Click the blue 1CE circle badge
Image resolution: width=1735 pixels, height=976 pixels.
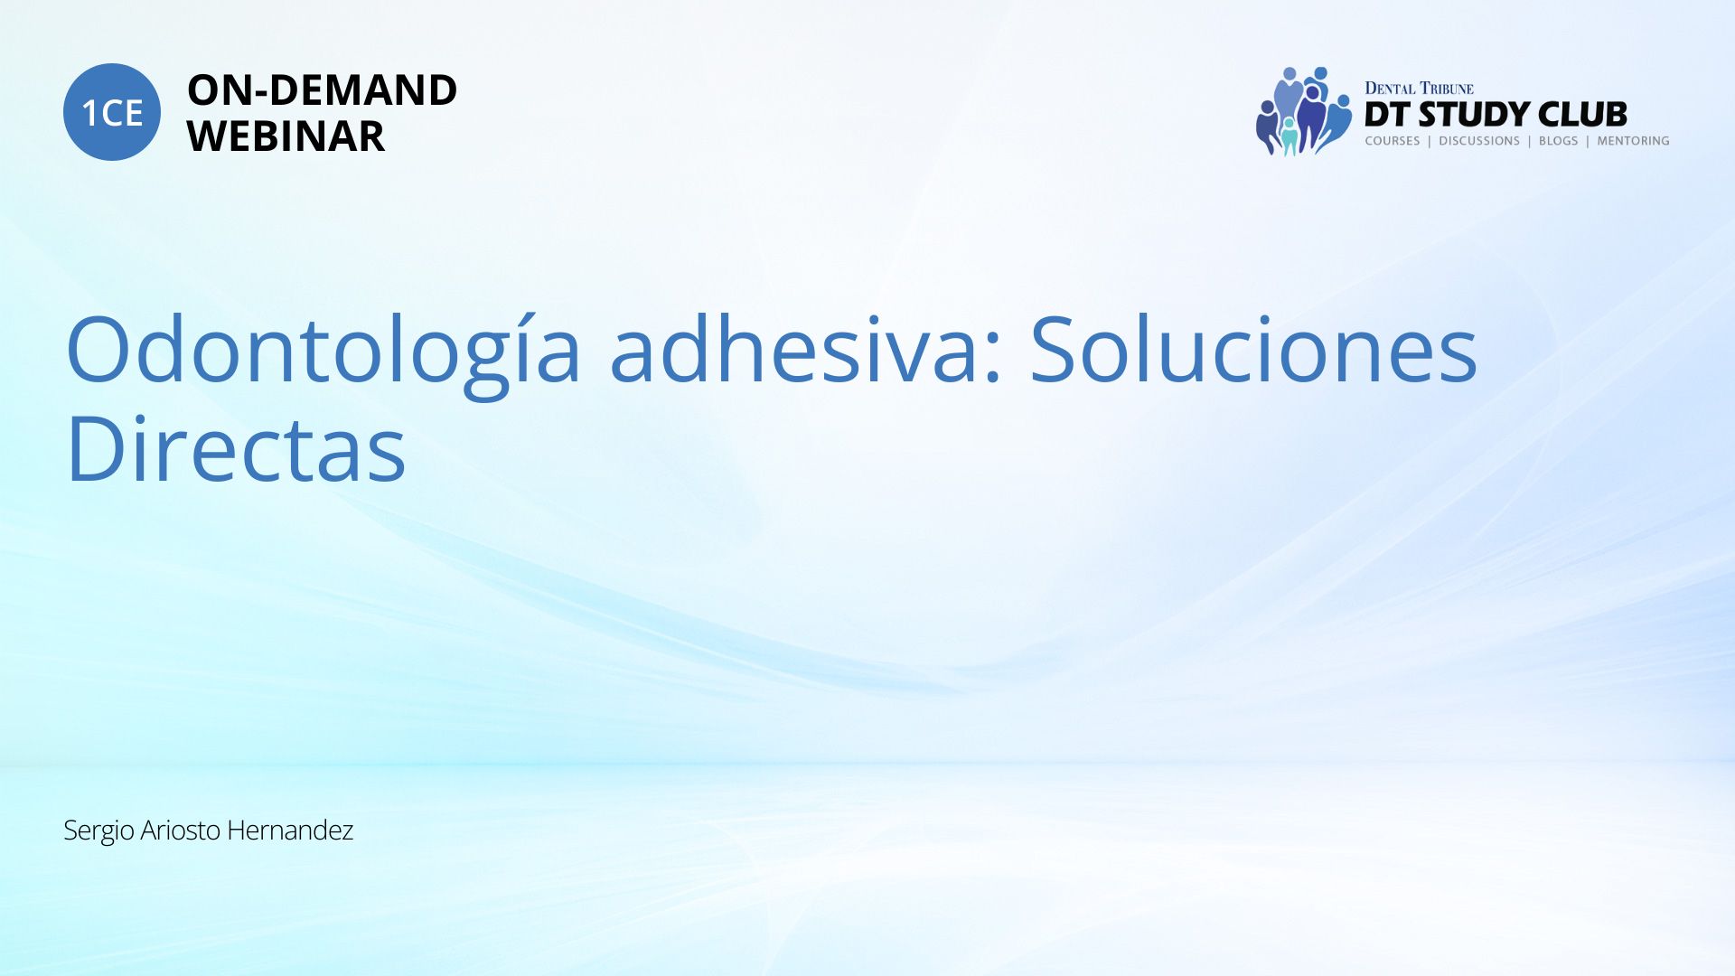(112, 112)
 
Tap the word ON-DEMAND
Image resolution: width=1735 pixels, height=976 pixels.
(322, 90)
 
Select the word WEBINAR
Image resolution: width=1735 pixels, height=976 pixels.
(286, 136)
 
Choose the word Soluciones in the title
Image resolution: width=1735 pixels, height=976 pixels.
(1253, 349)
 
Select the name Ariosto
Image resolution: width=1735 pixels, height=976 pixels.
(181, 830)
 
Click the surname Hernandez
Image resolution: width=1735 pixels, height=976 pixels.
(290, 830)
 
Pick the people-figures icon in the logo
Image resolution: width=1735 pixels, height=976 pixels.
(1303, 111)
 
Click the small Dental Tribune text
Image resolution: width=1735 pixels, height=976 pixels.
(1419, 89)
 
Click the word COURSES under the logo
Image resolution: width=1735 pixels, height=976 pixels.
(1393, 141)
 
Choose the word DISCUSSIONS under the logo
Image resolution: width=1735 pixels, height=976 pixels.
(1479, 141)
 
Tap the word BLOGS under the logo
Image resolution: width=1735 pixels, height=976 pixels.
(1558, 141)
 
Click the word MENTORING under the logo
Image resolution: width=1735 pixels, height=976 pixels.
(1633, 141)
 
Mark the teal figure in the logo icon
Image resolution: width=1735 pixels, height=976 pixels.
(1290, 136)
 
